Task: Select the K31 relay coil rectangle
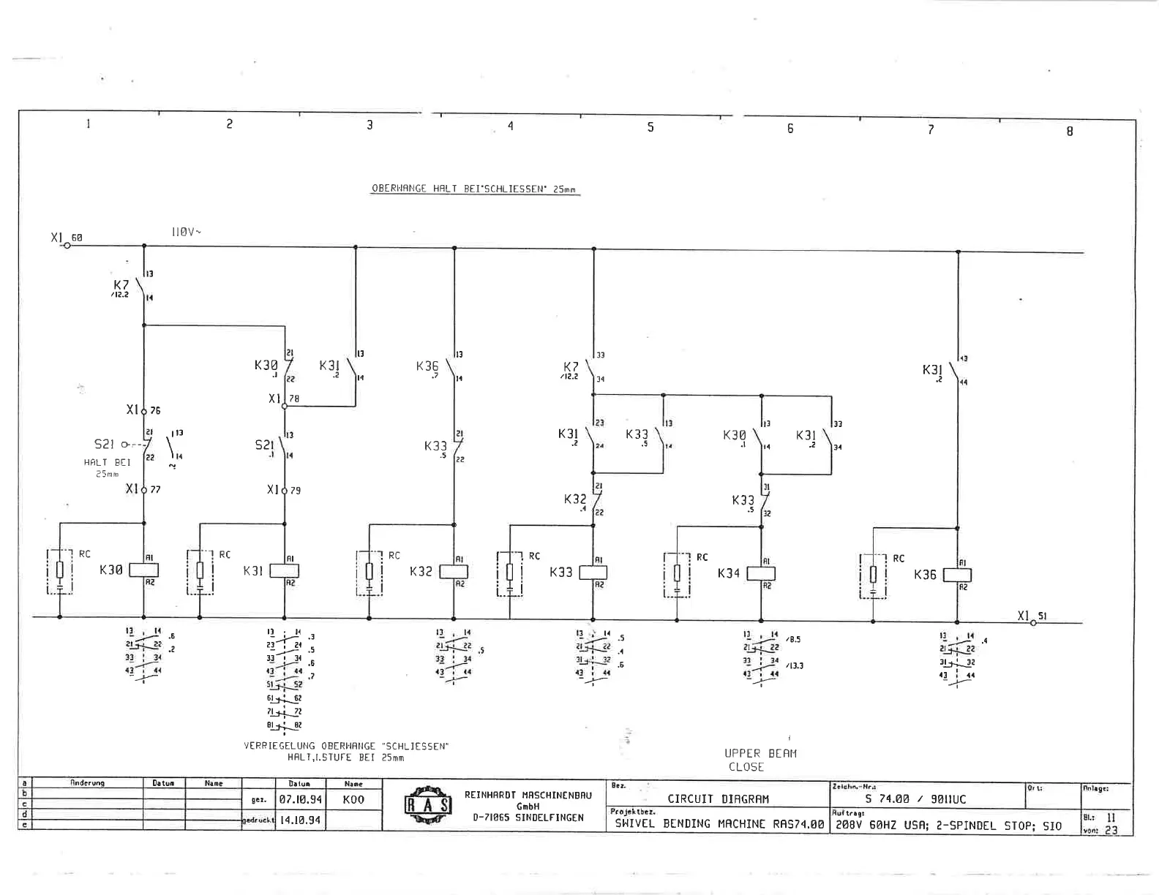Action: tap(284, 571)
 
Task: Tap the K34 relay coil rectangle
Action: tap(760, 574)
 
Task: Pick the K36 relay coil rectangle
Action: tap(957, 575)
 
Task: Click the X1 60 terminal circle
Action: tap(67, 246)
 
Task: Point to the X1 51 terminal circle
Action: tap(1033, 623)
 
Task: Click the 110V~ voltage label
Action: tap(186, 232)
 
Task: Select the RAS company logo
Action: tap(428, 805)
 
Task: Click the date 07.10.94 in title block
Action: tap(300, 800)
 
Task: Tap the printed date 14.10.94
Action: tap(300, 820)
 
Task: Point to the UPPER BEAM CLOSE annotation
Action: tap(759, 760)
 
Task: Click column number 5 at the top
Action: tap(650, 127)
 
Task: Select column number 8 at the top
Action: tap(1069, 132)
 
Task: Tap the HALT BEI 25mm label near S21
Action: tap(107, 467)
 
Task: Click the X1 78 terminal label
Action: tap(283, 399)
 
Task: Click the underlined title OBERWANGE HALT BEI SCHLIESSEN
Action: tap(474, 189)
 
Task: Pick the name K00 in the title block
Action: tap(353, 800)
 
